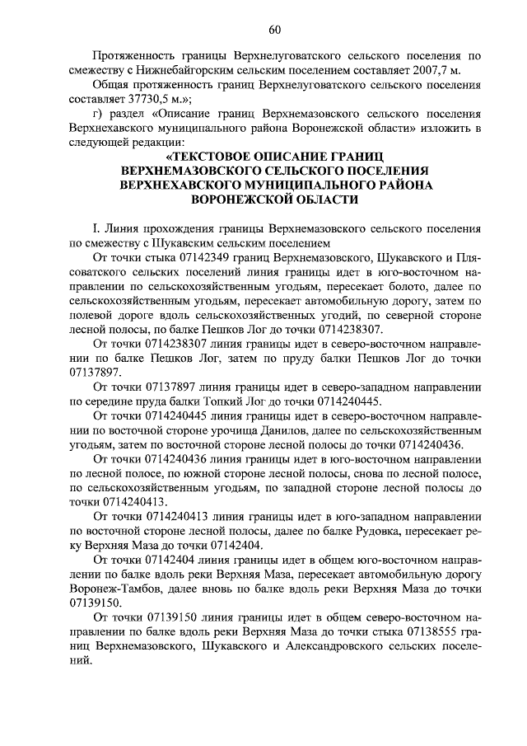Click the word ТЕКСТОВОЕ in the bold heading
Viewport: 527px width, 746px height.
coord(212,157)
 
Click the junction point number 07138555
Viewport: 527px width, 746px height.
coord(428,631)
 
